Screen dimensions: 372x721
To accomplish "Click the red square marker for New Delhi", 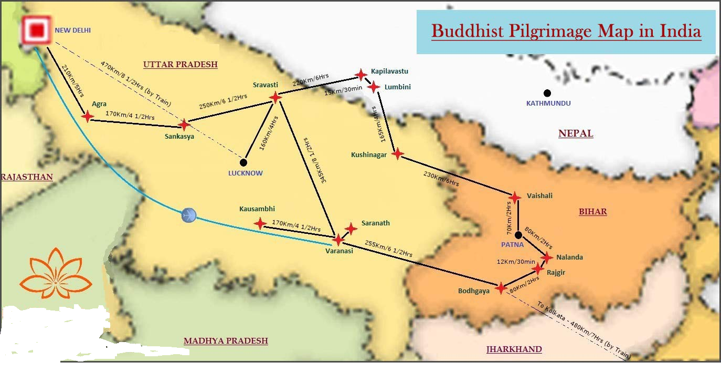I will (x=36, y=31).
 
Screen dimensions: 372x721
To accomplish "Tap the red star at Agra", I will (x=88, y=117).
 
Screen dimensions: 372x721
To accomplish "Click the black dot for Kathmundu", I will (x=547, y=93).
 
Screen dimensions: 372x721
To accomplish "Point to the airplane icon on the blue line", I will (x=189, y=215).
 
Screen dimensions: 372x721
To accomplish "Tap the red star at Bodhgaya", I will (x=501, y=288).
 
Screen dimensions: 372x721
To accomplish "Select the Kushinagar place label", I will (x=369, y=155).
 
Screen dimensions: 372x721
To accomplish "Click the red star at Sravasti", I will (x=275, y=97).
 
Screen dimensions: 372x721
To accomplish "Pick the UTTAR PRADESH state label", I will (x=180, y=65).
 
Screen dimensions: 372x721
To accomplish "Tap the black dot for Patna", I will (x=518, y=235).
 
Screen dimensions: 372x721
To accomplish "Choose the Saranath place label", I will (x=376, y=223).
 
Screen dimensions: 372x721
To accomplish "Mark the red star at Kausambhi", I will (x=260, y=223).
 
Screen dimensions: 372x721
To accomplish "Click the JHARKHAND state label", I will (x=514, y=349).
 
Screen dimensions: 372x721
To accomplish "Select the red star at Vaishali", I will (x=515, y=197).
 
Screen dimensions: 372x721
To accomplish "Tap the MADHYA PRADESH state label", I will (x=226, y=341).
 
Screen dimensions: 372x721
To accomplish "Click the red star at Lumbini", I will (x=374, y=87).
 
